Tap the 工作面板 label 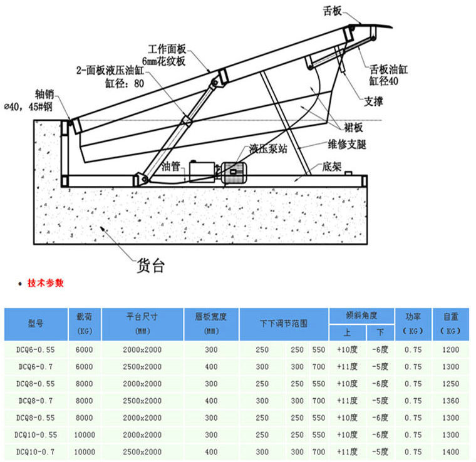pyautogui.click(x=167, y=48)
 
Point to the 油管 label pyautogui.click(x=171, y=167)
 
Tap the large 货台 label pyautogui.click(x=150, y=265)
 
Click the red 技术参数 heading pyautogui.click(x=46, y=283)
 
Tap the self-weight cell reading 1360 pyautogui.click(x=450, y=401)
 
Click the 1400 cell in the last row pyautogui.click(x=450, y=451)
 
